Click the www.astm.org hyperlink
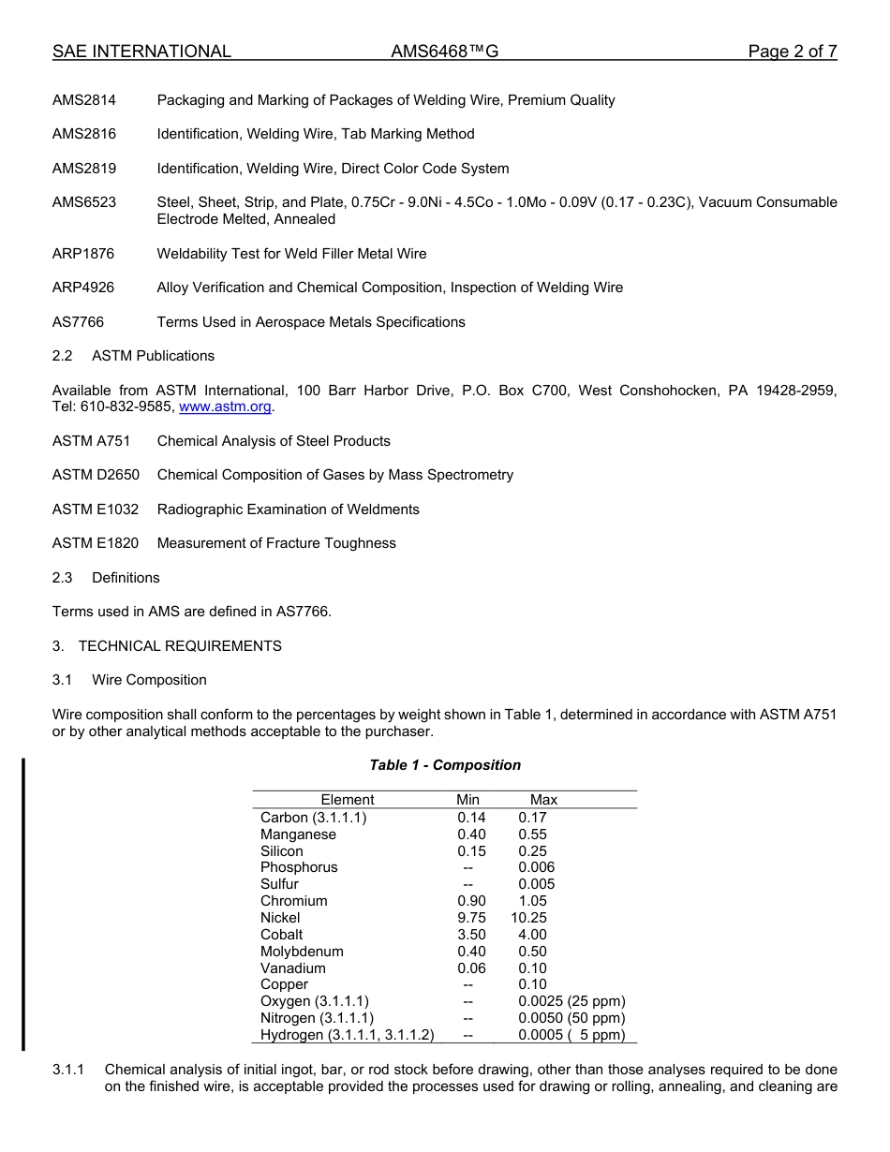point(225,407)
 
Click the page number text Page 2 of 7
point(792,52)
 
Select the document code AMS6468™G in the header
point(444,52)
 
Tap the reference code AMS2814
point(84,100)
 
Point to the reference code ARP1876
point(84,254)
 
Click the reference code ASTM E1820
point(96,543)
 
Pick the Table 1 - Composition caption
point(445,765)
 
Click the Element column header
point(347,800)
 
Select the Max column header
point(543,800)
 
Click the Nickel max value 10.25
point(529,918)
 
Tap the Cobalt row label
point(281,935)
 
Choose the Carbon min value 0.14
point(471,818)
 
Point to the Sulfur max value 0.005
point(536,884)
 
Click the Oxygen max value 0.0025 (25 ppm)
point(571,1001)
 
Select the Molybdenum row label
point(302,952)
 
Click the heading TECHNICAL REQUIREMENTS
point(180,646)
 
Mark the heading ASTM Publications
point(153,356)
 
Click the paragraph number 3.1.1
point(68,1070)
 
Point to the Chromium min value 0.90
point(471,901)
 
